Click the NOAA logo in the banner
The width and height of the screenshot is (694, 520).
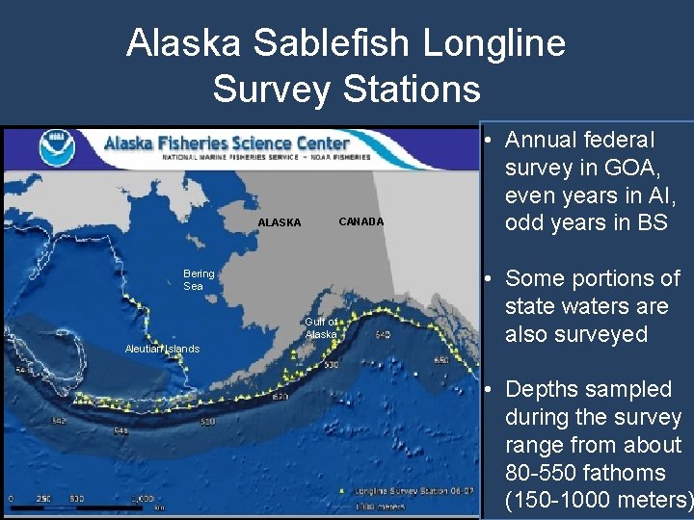click(x=55, y=148)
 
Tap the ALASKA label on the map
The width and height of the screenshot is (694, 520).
click(x=279, y=223)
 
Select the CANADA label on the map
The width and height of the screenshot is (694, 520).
click(x=360, y=222)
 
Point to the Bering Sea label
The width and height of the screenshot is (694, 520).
click(x=199, y=280)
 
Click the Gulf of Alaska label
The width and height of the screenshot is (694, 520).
click(x=321, y=328)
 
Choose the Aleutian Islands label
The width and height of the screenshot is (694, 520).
click(x=161, y=349)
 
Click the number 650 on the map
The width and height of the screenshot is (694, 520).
click(x=440, y=359)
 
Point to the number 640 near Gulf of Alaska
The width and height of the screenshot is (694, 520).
click(x=383, y=335)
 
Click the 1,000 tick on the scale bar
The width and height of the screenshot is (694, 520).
click(x=142, y=499)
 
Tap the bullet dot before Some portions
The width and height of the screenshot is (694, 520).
click(x=490, y=279)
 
